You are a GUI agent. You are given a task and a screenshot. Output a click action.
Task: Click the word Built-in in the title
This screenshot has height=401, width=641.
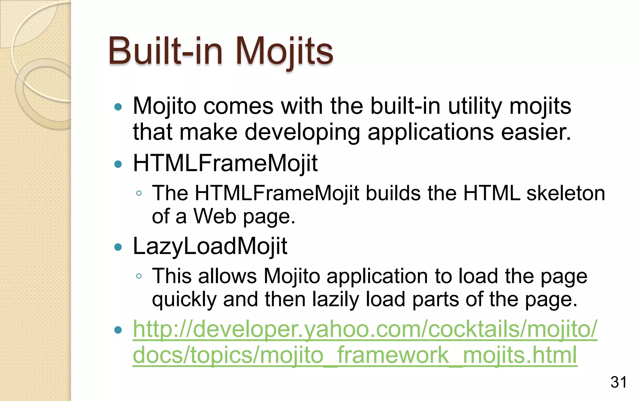point(165,51)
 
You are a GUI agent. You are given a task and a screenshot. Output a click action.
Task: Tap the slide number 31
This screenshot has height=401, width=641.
point(618,383)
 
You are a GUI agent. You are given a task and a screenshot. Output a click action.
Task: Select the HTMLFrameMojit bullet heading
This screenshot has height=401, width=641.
point(225,163)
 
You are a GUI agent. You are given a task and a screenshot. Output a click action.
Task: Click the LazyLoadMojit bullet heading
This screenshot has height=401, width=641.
point(210,246)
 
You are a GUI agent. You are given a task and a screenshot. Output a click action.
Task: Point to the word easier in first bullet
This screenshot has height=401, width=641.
point(536,132)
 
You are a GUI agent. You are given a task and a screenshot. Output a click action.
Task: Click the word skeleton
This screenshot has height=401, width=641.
point(566,193)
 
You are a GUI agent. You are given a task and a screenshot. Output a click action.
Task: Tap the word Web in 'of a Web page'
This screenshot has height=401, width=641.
point(214,216)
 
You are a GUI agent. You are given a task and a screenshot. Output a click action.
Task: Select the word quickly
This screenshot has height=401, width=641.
point(184,299)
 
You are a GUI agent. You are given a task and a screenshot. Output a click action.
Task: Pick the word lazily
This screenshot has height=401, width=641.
point(335,299)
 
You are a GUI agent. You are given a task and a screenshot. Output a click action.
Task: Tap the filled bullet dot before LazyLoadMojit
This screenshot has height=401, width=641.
point(118,247)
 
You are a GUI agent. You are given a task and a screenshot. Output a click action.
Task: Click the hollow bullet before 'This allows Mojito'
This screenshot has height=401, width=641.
point(139,276)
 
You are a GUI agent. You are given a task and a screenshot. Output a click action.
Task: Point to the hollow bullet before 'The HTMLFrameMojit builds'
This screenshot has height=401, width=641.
point(139,193)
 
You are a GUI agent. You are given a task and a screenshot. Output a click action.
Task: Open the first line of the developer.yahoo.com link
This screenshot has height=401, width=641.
point(365,329)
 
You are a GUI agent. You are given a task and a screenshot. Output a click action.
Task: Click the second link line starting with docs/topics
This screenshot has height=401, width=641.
point(355,355)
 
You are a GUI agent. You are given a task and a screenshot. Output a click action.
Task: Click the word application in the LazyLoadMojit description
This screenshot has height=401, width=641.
point(377,277)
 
